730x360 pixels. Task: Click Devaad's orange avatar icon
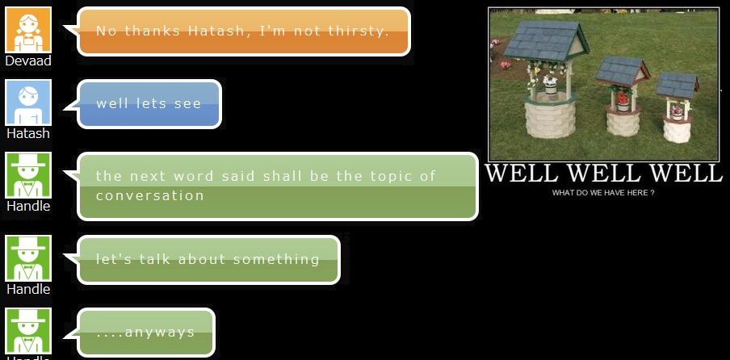click(x=28, y=30)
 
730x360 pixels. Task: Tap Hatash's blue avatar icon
click(x=28, y=103)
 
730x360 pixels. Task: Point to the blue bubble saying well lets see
click(x=149, y=103)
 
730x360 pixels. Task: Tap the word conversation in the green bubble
click(x=150, y=195)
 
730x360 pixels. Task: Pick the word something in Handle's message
click(x=276, y=259)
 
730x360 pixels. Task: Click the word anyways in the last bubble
click(x=160, y=333)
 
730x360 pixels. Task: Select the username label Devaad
click(x=28, y=61)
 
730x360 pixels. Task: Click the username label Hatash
click(x=28, y=133)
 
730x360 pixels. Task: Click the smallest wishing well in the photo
click(x=677, y=108)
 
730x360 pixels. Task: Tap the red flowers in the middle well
click(x=623, y=98)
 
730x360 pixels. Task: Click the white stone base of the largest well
click(x=550, y=119)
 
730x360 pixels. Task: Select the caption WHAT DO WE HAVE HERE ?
click(x=603, y=193)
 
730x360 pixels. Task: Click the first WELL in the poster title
click(x=522, y=173)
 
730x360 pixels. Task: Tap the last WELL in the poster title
click(x=686, y=173)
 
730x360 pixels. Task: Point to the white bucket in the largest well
click(x=551, y=86)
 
